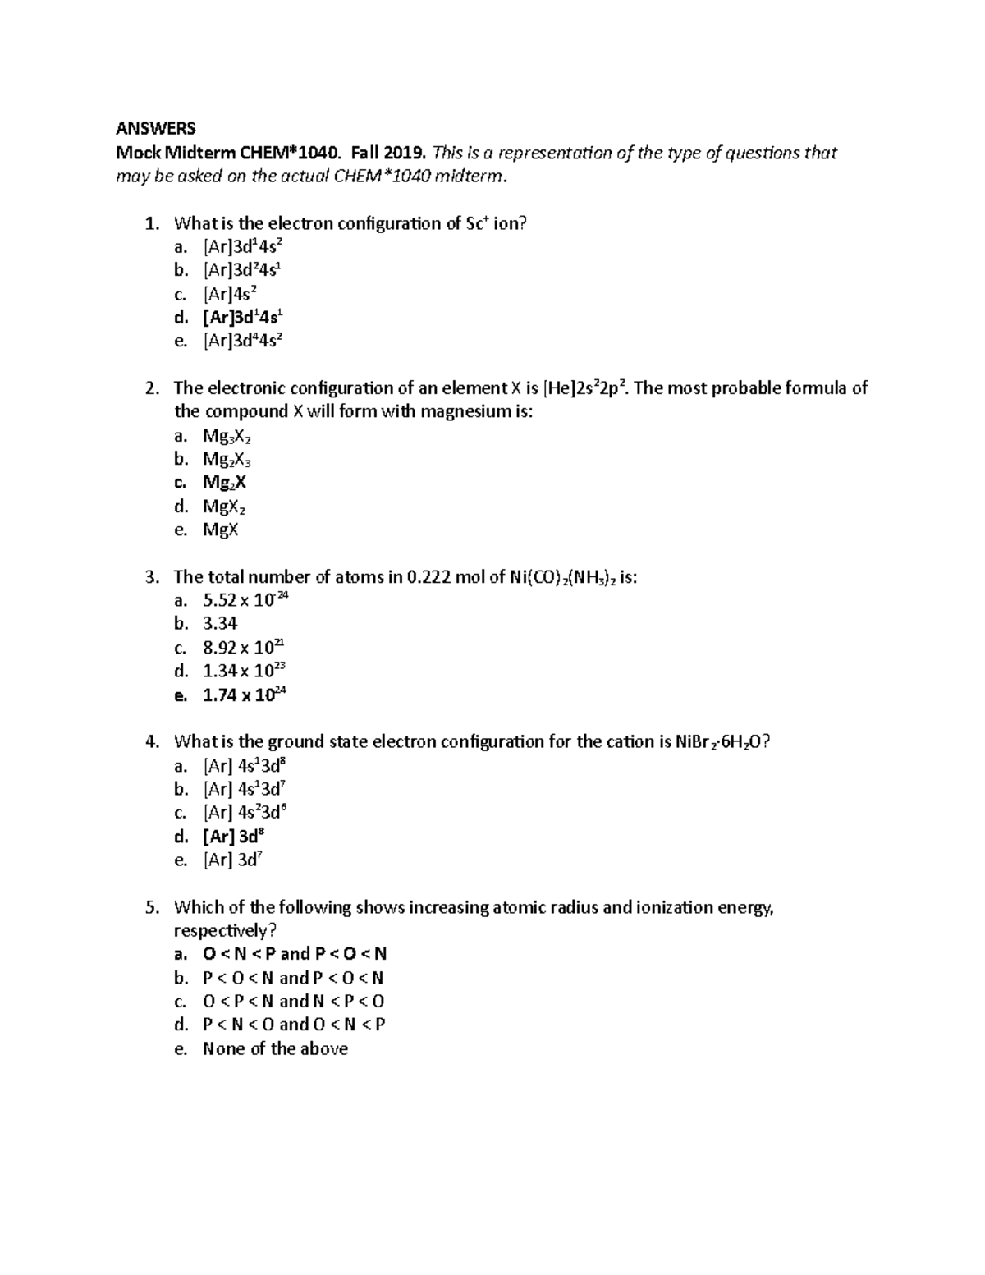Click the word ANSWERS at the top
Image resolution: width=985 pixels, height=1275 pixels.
(x=155, y=128)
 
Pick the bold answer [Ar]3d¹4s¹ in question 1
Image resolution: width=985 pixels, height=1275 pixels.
(x=244, y=318)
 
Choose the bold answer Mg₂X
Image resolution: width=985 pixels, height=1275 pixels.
(x=224, y=483)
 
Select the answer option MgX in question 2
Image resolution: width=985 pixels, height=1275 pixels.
(x=220, y=530)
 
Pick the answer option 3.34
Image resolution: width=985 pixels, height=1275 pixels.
(x=220, y=624)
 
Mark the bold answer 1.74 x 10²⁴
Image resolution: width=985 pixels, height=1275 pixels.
(x=244, y=695)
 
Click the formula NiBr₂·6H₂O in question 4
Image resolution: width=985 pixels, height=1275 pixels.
(x=722, y=742)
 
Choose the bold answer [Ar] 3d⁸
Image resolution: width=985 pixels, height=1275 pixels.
(x=233, y=837)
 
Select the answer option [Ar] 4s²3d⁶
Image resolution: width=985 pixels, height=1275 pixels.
(x=244, y=813)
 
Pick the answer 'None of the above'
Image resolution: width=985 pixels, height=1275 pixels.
(x=275, y=1048)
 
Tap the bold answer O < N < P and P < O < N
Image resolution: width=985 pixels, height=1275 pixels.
(x=294, y=954)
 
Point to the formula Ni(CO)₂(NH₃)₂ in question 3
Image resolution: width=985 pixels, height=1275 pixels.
(x=562, y=577)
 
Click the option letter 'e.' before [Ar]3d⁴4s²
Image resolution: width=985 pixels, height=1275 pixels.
(x=181, y=342)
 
